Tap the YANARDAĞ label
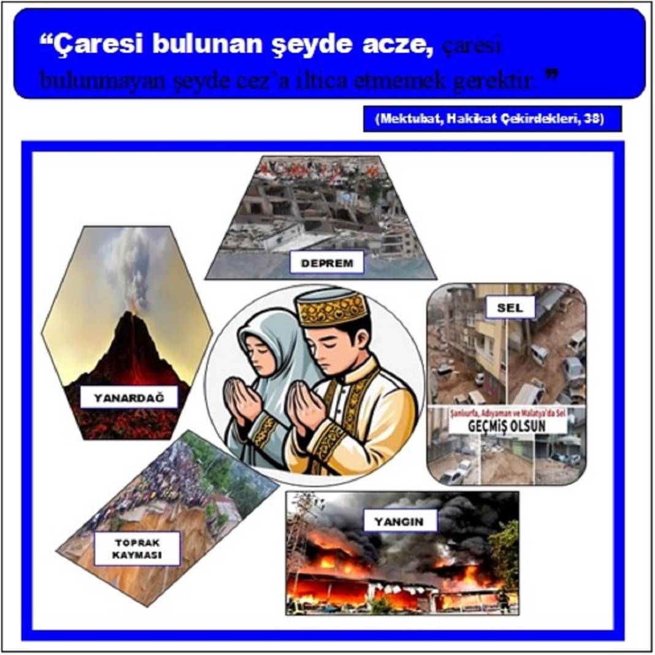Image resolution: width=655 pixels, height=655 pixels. point(129,397)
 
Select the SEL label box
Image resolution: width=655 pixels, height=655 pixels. point(510,308)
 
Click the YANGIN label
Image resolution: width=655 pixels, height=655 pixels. point(401,522)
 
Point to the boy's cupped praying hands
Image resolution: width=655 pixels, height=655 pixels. point(305,405)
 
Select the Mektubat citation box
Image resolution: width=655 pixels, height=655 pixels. point(492,119)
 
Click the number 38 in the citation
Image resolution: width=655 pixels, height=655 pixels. point(592,119)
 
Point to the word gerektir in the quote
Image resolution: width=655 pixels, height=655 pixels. point(494,80)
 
